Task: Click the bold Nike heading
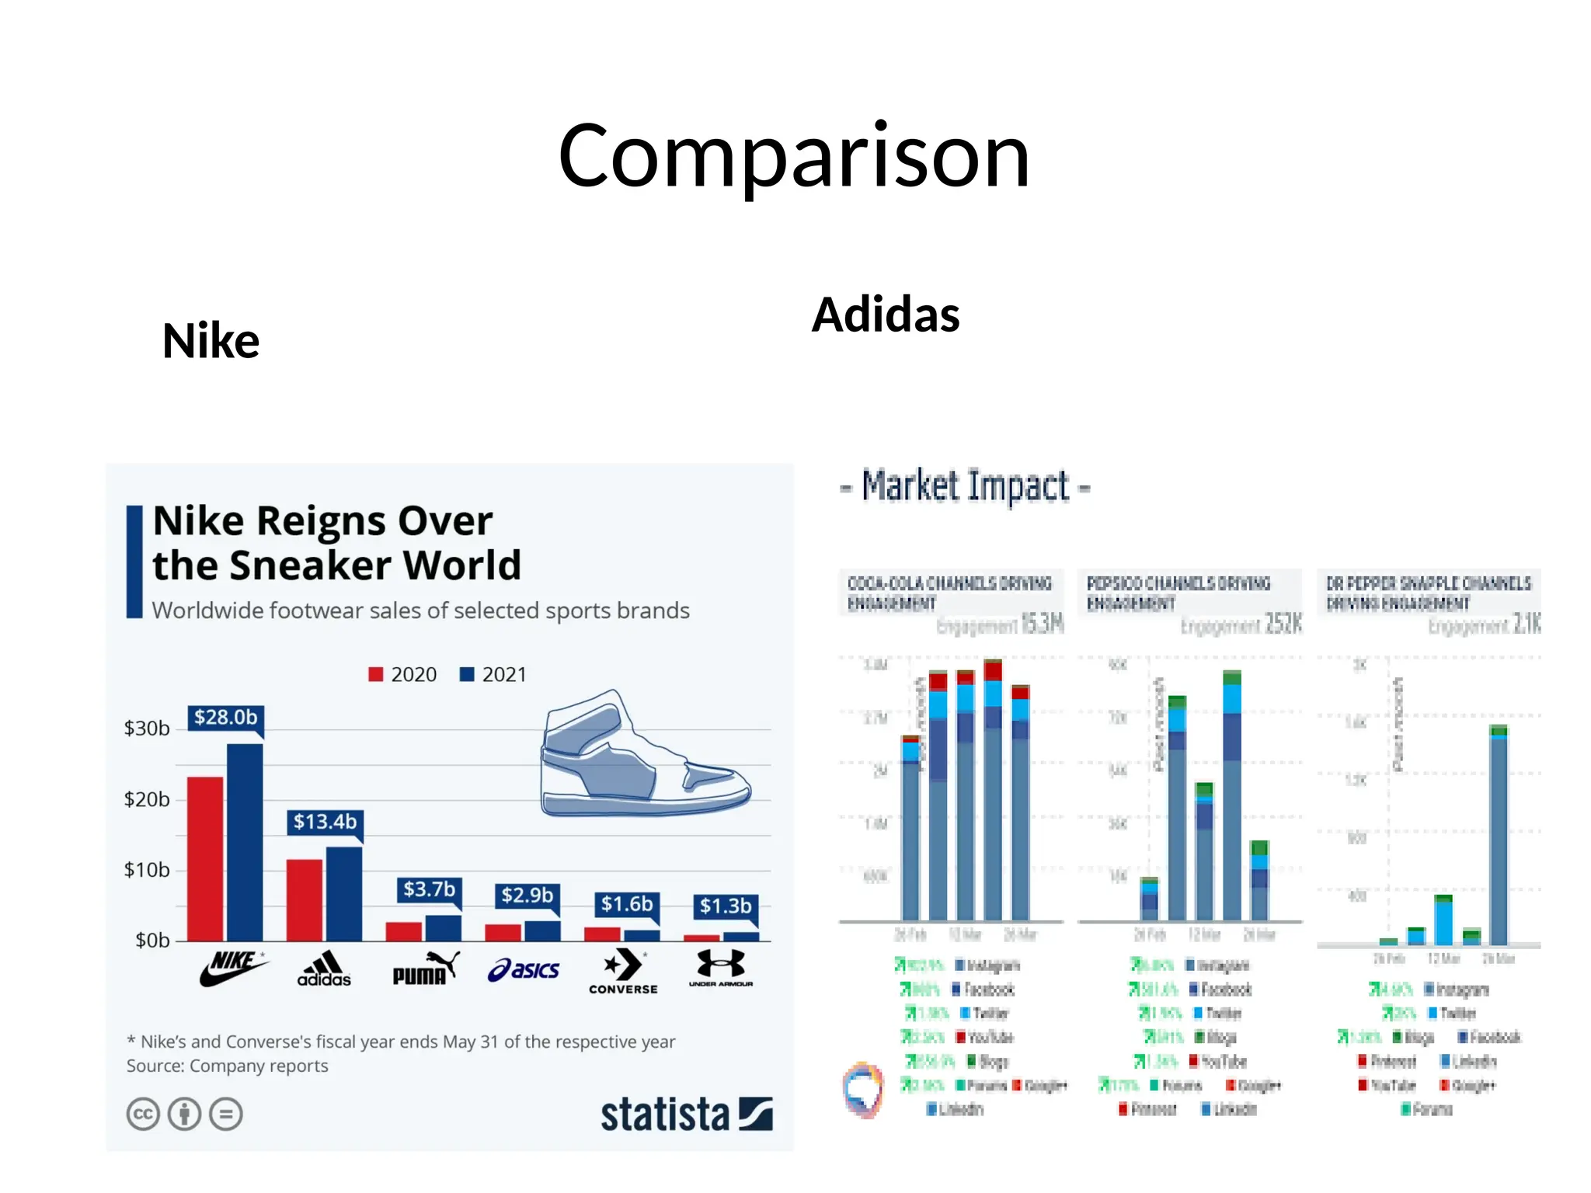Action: [211, 341]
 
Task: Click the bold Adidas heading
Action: [886, 315]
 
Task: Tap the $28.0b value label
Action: [225, 717]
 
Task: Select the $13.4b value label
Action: [325, 822]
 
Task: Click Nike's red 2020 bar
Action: [205, 858]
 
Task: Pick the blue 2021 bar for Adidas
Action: [343, 893]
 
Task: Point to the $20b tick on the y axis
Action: [147, 799]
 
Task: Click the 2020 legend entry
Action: [402, 674]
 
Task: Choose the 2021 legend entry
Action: [493, 674]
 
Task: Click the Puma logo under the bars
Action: [425, 969]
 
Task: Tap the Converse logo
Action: [623, 971]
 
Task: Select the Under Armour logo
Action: [721, 969]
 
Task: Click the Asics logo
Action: [524, 969]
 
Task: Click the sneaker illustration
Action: [645, 757]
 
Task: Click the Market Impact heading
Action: [966, 487]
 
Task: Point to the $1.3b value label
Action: [725, 906]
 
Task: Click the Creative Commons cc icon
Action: [143, 1115]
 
